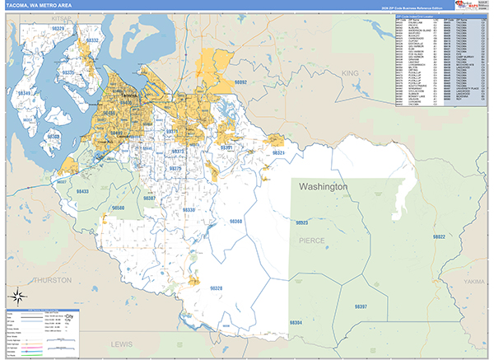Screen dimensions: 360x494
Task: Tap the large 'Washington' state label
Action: pos(324,187)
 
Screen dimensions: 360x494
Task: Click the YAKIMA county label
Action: pos(474,281)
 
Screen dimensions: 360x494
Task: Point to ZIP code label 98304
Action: pos(294,321)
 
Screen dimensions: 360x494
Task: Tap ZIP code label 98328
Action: pos(216,288)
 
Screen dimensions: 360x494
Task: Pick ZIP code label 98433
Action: pos(82,191)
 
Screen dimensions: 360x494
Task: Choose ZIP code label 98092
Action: pos(240,82)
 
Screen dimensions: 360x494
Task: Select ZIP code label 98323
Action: pos(301,222)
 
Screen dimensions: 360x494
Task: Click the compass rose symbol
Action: pos(16,297)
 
